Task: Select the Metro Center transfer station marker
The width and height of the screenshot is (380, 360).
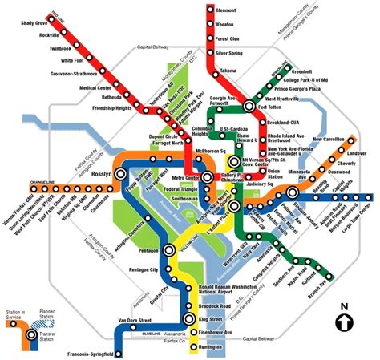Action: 208,177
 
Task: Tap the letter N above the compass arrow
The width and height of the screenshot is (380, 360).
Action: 345,305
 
